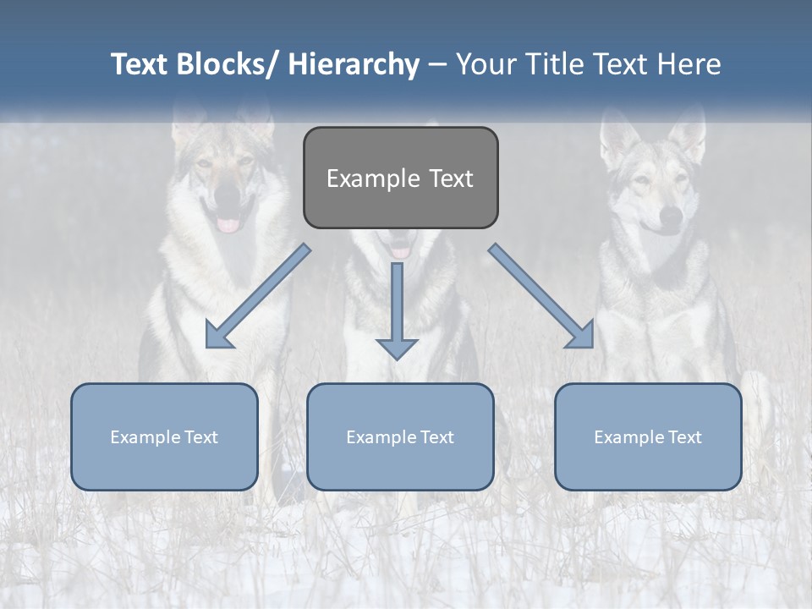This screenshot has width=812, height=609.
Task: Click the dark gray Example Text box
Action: coord(400,178)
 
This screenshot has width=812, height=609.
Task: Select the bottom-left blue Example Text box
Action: coord(164,436)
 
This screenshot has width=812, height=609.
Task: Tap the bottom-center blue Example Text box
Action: coord(400,436)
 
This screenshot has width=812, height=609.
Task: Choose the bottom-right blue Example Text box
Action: coord(648,436)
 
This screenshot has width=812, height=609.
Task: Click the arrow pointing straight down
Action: coord(397,313)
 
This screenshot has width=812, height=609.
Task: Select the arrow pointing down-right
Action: coord(542,297)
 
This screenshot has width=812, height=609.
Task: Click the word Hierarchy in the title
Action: coord(354,64)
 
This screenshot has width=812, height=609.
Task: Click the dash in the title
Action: coord(437,65)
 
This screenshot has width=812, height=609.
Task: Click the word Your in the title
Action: coord(485,64)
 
